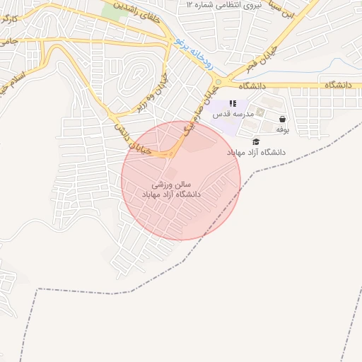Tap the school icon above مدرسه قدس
[233, 104]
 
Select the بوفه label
[282, 130]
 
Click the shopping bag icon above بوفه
[283, 119]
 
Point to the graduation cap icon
[255, 141]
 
